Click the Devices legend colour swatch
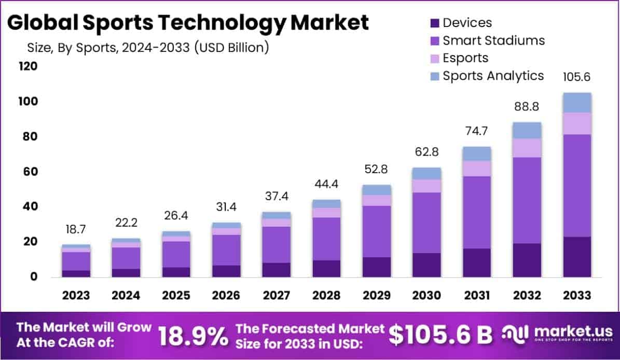point(434,23)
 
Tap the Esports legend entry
point(465,58)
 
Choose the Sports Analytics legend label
point(493,76)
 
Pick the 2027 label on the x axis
point(277,296)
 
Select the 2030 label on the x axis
point(427,296)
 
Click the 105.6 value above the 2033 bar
point(577,77)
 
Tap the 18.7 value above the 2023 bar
point(76,229)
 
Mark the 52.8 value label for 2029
point(377,170)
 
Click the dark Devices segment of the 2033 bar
point(577,257)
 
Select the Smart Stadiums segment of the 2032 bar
point(527,200)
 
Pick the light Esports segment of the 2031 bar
point(477,169)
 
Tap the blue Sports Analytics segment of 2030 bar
point(427,173)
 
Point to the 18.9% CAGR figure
point(192,337)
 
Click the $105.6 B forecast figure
point(440,336)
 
